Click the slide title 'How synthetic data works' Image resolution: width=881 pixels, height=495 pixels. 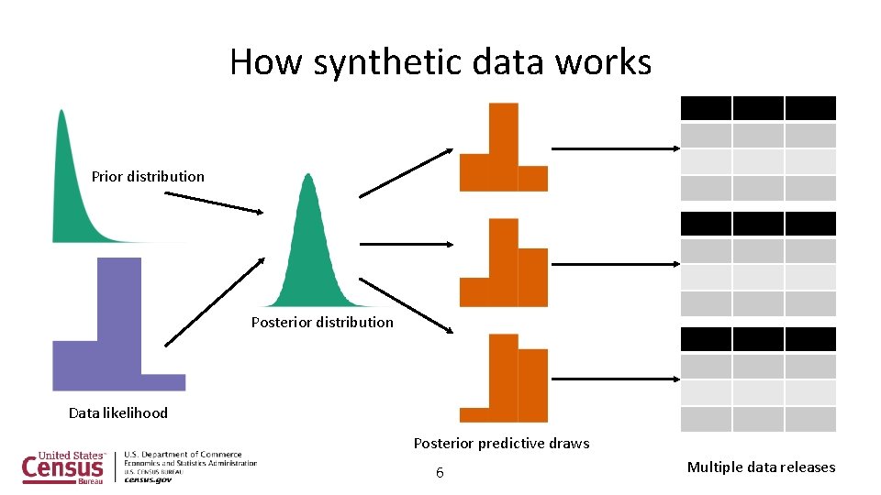(x=440, y=62)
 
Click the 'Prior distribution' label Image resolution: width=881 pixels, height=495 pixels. (x=148, y=176)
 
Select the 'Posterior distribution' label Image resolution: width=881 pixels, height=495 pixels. (x=322, y=322)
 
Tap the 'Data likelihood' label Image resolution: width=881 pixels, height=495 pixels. (x=118, y=412)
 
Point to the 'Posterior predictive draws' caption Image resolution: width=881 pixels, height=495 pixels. (x=501, y=443)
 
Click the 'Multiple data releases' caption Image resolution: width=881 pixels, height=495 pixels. (x=761, y=467)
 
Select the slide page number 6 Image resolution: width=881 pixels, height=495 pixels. (x=440, y=473)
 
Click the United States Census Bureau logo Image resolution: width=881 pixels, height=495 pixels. (x=64, y=467)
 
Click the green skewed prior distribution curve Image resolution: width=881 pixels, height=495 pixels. (x=69, y=192)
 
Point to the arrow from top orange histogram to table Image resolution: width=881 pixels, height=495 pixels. (x=615, y=148)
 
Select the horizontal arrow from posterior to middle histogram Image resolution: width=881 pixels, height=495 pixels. (x=406, y=244)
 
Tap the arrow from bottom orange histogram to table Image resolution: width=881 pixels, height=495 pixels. (x=615, y=379)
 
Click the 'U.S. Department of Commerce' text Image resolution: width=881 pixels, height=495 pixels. (x=183, y=455)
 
